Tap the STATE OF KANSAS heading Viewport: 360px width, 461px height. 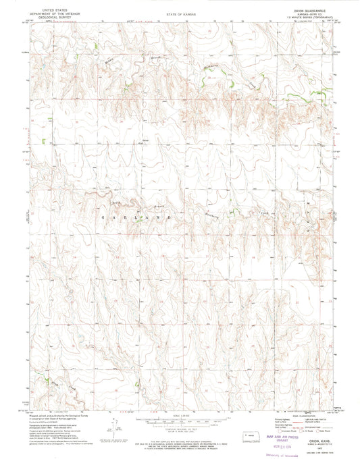[180, 14]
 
